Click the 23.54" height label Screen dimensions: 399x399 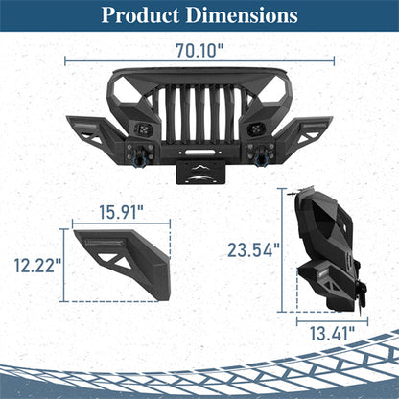pos(254,250)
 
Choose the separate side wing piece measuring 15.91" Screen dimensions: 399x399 pos(115,259)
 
